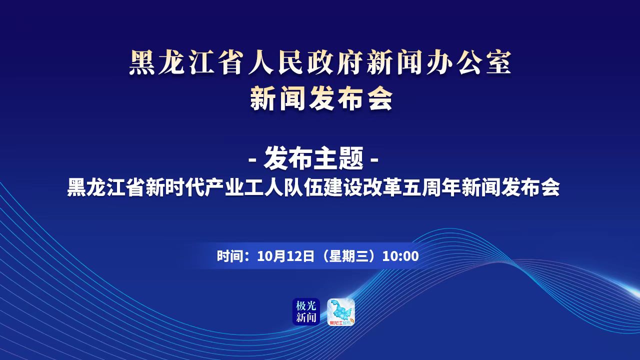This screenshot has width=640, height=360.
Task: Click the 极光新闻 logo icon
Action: [306, 311]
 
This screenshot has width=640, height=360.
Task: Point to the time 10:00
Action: [400, 256]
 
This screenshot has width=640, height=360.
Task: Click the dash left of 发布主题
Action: [252, 160]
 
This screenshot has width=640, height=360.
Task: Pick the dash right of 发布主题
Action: [374, 160]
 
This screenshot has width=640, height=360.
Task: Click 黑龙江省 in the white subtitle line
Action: [105, 187]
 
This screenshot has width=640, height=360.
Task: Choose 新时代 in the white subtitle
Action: [175, 187]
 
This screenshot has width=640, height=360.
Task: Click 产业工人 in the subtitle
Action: [243, 187]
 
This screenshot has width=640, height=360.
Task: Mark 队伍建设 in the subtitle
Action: [323, 187]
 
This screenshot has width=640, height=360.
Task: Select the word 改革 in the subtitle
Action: [381, 187]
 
